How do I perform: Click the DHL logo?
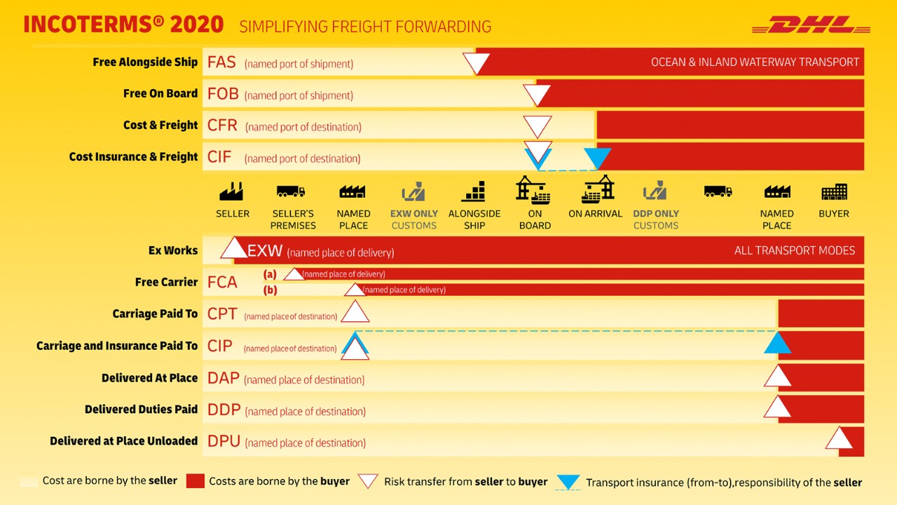811,25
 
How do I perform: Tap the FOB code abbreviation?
223,94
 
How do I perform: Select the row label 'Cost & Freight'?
160,126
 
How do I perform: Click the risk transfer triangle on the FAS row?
476,63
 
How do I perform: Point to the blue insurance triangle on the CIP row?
777,344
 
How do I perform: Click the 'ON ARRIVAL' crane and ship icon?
597,189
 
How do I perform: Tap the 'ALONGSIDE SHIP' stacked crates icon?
474,191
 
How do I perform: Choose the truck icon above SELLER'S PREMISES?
291,191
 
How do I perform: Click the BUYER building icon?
834,191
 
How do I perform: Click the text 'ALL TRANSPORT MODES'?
795,250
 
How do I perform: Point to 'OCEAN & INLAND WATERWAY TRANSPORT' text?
755,62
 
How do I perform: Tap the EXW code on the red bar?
265,251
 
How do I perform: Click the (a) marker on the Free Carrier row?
269,274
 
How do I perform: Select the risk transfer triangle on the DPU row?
839,439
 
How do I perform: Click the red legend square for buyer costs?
196,481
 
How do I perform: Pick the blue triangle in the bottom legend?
568,482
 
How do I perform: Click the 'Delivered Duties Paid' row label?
142,410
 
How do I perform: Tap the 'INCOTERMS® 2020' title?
123,25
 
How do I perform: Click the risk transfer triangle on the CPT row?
355,312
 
